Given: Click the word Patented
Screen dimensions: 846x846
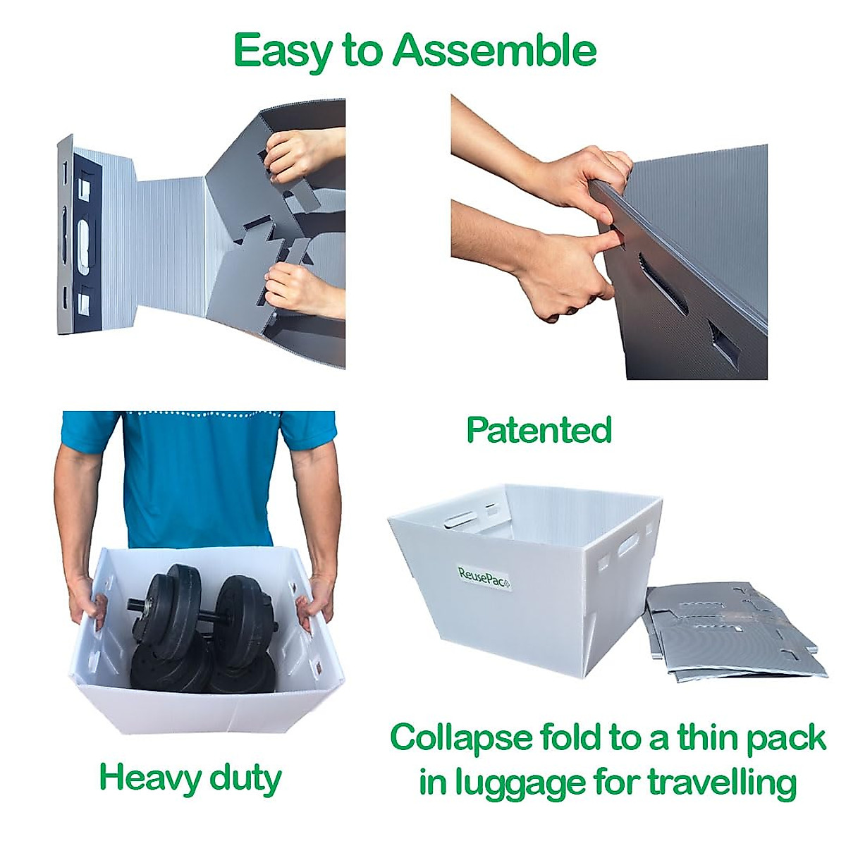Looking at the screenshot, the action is click(539, 430).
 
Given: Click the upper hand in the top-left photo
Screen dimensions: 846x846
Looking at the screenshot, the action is click(302, 154).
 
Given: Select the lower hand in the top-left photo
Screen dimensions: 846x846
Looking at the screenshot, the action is click(304, 290).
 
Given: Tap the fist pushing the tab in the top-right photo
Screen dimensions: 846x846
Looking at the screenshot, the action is click(561, 272).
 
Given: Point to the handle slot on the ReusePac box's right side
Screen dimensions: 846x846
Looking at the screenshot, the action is click(629, 543).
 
